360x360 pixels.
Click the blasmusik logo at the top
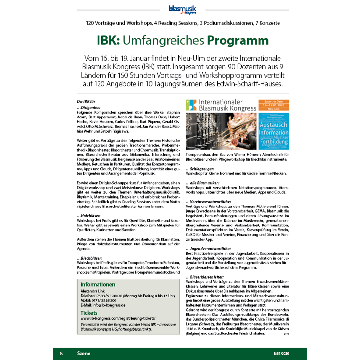(x=182, y=10)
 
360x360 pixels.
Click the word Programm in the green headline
(x=238, y=40)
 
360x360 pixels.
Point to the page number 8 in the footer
(x=61, y=353)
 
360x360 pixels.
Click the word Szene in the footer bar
(x=84, y=353)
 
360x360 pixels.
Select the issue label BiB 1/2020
(x=281, y=353)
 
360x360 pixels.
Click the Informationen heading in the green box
(x=98, y=285)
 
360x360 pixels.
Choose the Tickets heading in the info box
(x=89, y=313)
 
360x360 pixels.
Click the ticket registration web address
(x=118, y=318)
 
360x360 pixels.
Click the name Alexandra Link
(x=93, y=291)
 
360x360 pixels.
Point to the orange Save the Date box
(x=274, y=105)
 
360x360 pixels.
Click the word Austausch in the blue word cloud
(x=274, y=125)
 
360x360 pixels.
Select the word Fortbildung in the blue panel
(x=274, y=142)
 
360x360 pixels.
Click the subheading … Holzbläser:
(x=89, y=216)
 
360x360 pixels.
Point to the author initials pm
(x=286, y=334)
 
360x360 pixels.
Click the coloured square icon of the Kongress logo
(x=191, y=105)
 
